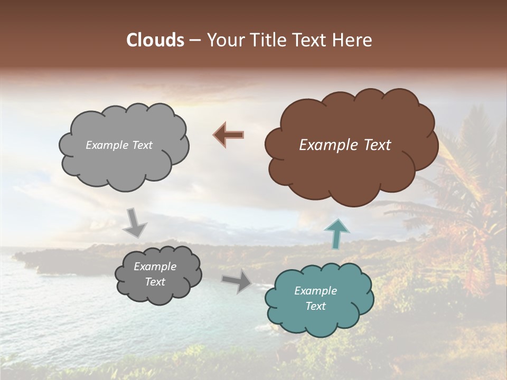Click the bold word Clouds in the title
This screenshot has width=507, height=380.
click(x=155, y=40)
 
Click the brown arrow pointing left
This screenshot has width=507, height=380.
click(x=229, y=135)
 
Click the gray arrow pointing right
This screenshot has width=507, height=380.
click(x=237, y=281)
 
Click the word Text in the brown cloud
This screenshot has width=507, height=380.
click(x=377, y=145)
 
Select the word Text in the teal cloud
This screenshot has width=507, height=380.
click(x=315, y=306)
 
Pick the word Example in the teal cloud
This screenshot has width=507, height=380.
click(x=315, y=291)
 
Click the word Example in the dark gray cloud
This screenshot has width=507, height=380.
click(x=155, y=267)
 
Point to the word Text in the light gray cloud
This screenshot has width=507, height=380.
click(x=142, y=145)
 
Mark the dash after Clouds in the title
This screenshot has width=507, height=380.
click(x=195, y=40)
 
